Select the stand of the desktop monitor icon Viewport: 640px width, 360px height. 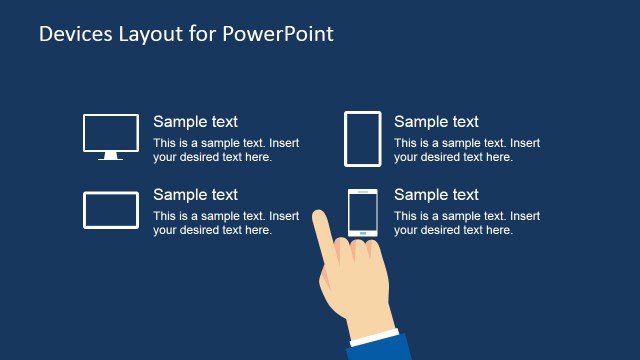[111, 156]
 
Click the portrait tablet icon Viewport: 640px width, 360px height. [362, 138]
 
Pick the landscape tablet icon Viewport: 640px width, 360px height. [111, 210]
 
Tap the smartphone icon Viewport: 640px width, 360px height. [362, 212]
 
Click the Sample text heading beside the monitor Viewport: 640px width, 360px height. [196, 122]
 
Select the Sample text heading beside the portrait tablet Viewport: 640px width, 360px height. [436, 122]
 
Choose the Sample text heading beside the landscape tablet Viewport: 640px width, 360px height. [196, 195]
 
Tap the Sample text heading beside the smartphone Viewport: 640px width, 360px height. [436, 195]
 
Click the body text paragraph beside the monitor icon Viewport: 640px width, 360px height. [226, 150]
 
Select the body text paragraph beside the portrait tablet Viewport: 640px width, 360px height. [467, 150]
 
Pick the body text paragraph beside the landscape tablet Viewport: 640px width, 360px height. [226, 223]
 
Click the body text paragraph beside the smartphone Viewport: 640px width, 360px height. [467, 223]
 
